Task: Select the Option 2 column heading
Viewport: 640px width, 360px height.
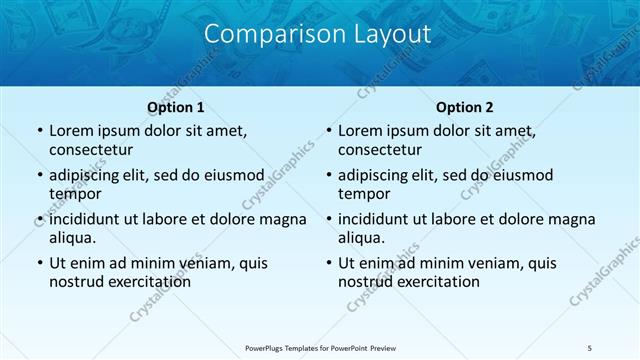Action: pyautogui.click(x=464, y=106)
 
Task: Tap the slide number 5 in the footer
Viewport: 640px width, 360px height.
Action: pyautogui.click(x=590, y=347)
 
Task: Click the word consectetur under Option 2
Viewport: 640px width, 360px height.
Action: pyautogui.click(x=380, y=150)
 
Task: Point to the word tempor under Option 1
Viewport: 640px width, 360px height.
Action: pyautogui.click(x=76, y=194)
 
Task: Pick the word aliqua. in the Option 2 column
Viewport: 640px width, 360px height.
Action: pyautogui.click(x=362, y=238)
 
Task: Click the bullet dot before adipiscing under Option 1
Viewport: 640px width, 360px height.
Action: pyautogui.click(x=39, y=176)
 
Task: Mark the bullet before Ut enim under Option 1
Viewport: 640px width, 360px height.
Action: pyautogui.click(x=39, y=264)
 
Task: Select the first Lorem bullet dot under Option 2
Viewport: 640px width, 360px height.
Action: pyautogui.click(x=328, y=132)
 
